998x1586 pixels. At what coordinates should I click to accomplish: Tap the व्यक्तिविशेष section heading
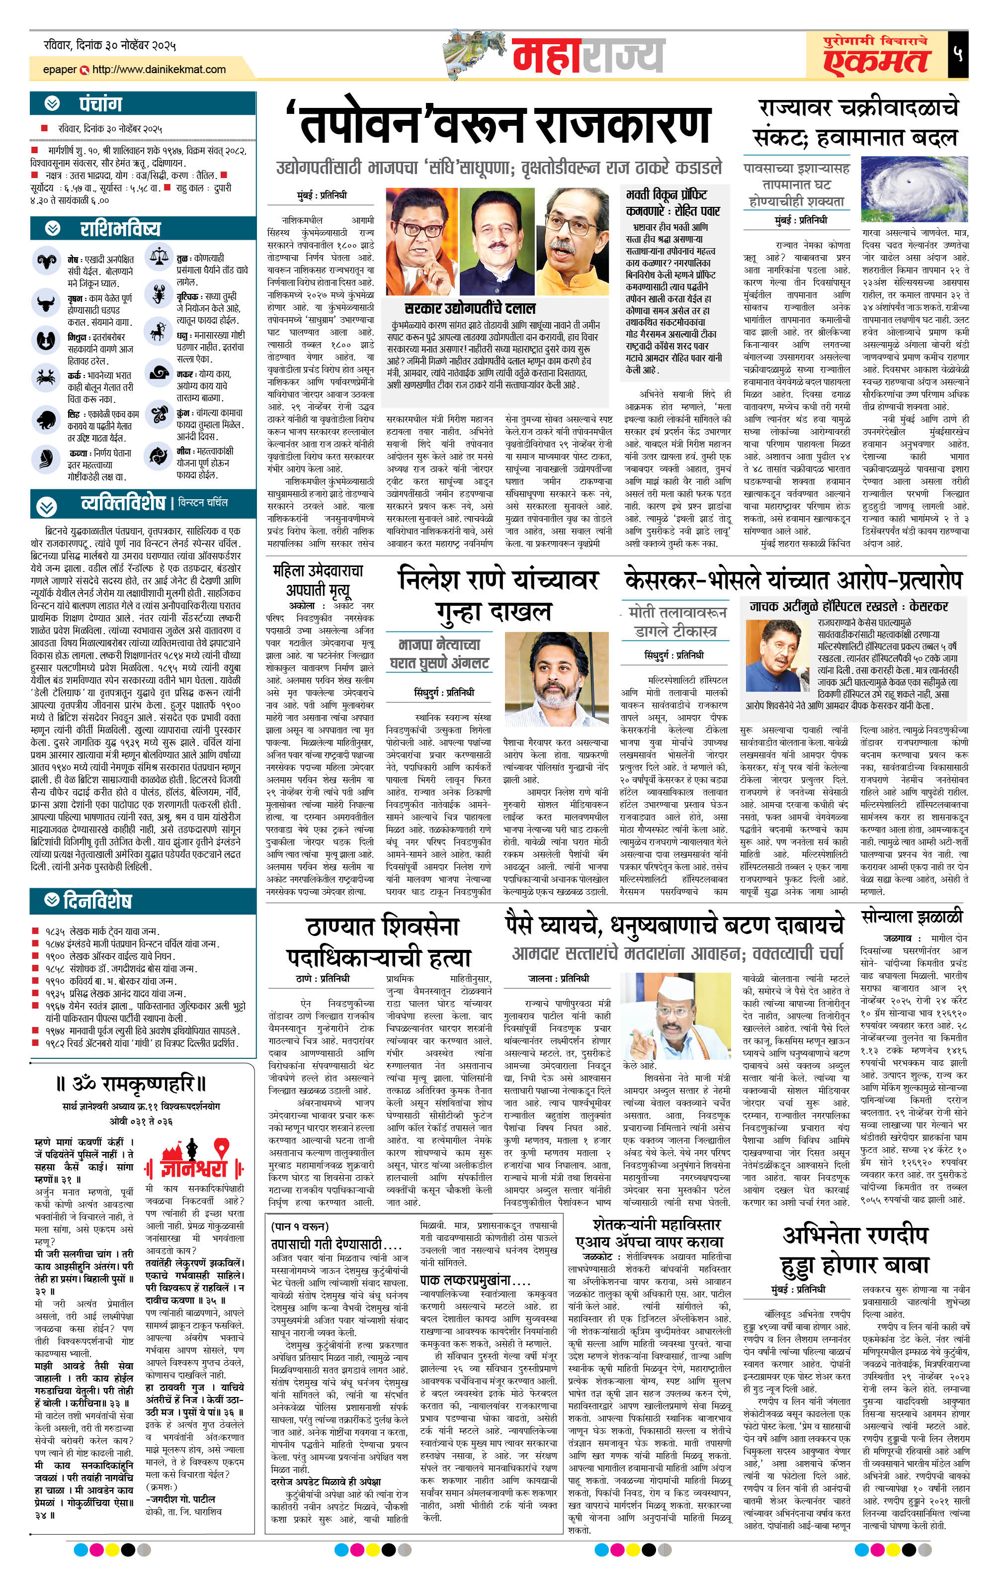coord(122,504)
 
